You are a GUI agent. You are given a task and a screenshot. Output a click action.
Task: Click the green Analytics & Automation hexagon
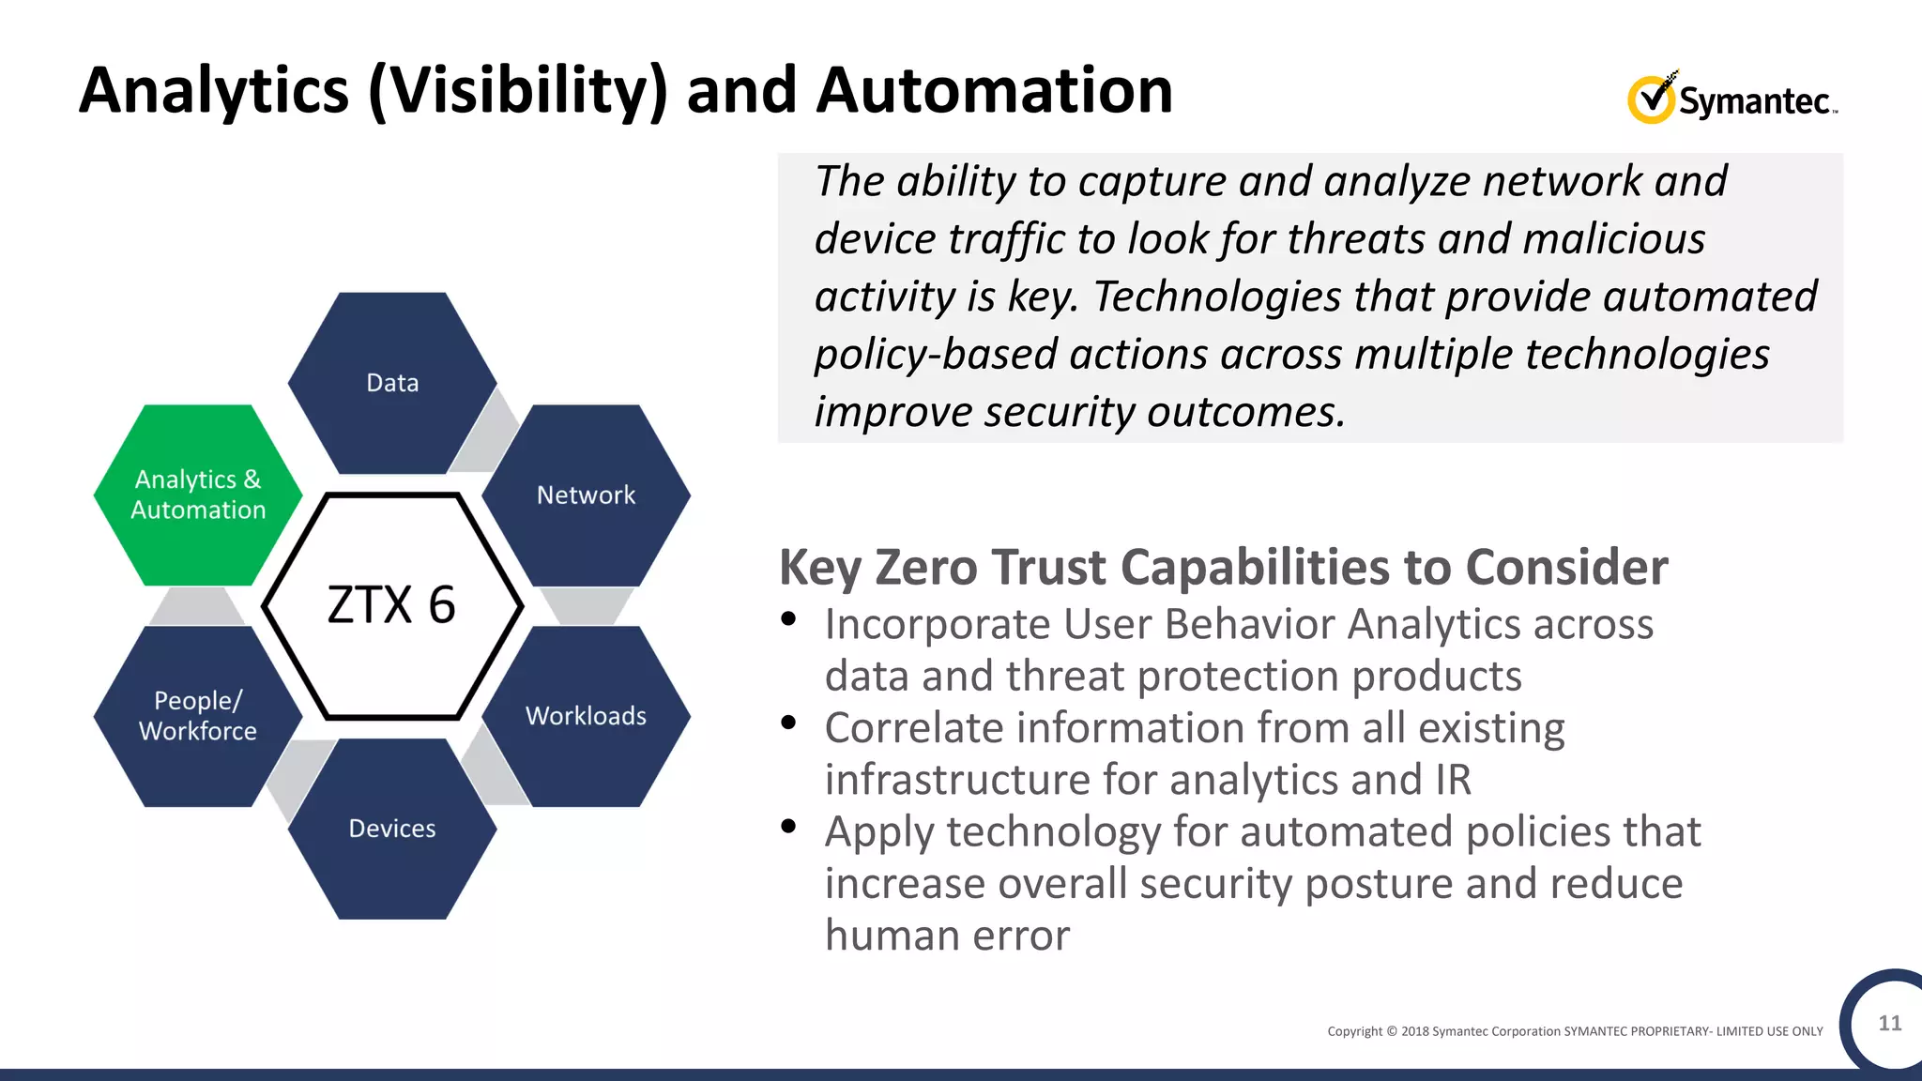[x=198, y=495]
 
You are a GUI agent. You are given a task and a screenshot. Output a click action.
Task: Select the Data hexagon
[x=392, y=383]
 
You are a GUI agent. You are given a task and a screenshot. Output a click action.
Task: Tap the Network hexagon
[x=586, y=495]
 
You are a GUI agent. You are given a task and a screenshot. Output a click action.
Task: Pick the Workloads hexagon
[x=586, y=716]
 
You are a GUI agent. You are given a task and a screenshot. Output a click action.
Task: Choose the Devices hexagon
[x=392, y=829]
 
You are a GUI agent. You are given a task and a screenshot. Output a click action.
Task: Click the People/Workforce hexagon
[x=198, y=716]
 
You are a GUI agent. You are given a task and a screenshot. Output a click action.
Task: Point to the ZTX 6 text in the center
[x=391, y=605]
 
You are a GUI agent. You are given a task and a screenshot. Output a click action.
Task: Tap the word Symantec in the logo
[x=1753, y=101]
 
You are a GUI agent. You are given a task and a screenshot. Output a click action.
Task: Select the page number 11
[x=1889, y=1023]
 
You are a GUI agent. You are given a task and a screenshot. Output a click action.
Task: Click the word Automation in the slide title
[x=994, y=91]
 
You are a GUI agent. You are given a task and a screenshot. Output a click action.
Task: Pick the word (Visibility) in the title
[x=518, y=91]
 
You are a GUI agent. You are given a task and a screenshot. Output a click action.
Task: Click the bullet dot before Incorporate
[x=788, y=618]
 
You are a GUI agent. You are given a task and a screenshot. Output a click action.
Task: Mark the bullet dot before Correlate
[x=788, y=723]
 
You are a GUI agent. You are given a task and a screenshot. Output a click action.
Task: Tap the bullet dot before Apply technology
[x=788, y=826]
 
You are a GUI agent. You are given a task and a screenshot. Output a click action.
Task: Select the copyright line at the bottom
[x=1574, y=1031]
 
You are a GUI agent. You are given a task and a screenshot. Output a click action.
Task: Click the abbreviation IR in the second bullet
[x=1452, y=780]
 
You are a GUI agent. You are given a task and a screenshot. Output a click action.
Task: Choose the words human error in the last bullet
[x=947, y=936]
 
